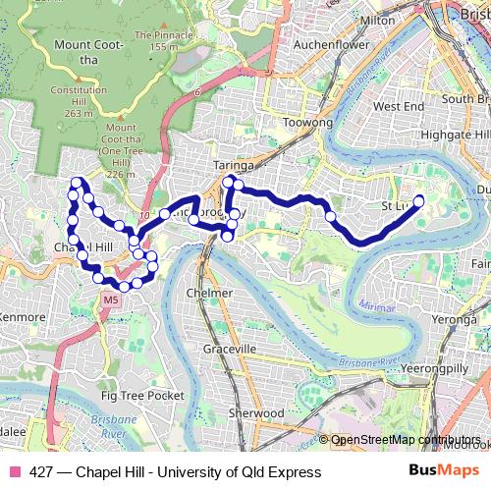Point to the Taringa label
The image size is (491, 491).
pos(235,167)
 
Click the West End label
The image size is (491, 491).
pos(399,105)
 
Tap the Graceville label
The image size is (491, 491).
pos(230,349)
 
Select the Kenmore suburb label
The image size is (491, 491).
pos(24,317)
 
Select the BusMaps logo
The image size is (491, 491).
pos(445,471)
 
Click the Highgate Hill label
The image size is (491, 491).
pos(454,134)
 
